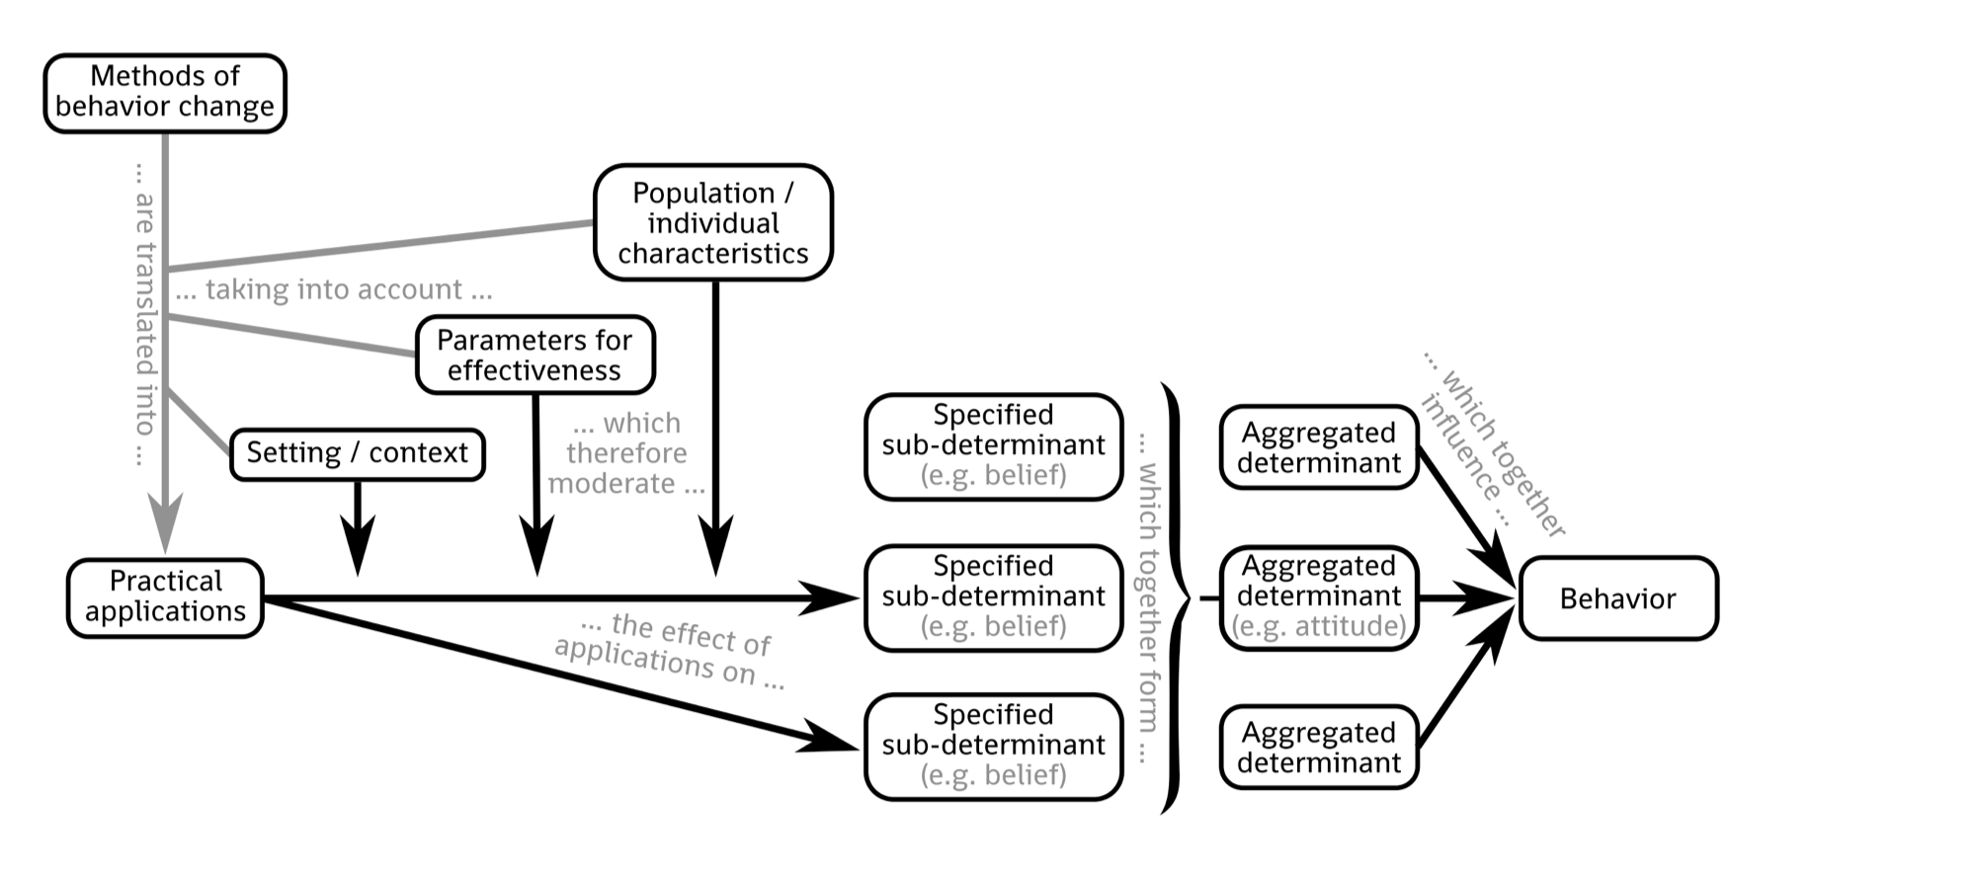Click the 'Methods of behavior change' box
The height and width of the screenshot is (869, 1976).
coord(165,93)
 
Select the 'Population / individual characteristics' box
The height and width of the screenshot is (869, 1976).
coord(712,222)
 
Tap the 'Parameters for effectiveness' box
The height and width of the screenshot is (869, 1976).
coord(535,355)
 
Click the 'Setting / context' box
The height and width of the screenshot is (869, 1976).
coord(357,453)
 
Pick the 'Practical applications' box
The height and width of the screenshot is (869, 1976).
coord(165,596)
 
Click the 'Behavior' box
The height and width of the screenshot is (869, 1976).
coord(1617,598)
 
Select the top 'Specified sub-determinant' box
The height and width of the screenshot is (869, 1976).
coord(993,445)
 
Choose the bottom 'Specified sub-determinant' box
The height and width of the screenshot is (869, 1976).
coord(993,745)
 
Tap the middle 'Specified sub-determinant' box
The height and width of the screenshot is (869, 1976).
coord(993,596)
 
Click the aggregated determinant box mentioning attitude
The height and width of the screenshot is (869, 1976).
coord(1318,596)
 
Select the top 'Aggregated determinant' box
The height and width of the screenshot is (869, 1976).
coord(1318,447)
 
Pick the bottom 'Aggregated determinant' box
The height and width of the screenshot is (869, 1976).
coord(1318,748)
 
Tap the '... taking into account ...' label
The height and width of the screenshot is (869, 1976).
coord(334,290)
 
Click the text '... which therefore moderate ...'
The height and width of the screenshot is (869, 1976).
coord(626,453)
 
